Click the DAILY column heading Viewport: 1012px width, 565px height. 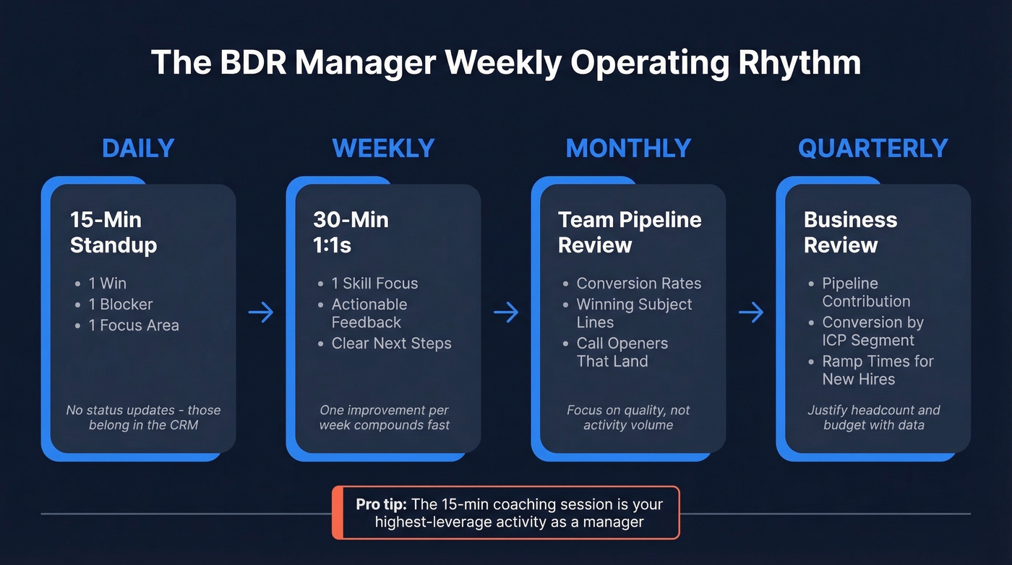point(138,148)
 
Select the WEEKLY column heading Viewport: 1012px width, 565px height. point(383,148)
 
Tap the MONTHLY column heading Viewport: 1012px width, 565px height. point(628,148)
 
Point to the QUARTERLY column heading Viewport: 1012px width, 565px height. point(872,148)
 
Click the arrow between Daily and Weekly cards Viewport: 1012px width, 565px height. point(261,313)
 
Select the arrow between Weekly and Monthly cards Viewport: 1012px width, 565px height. point(506,313)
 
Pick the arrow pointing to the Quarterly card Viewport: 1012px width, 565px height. point(751,313)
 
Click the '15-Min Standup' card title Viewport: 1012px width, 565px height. point(113,232)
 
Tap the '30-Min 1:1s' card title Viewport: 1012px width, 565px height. point(351,232)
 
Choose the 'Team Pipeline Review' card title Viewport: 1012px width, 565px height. point(630,232)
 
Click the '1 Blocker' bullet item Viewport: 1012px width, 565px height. point(120,305)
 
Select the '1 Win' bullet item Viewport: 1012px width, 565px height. point(107,284)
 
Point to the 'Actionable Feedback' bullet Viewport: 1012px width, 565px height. point(369,313)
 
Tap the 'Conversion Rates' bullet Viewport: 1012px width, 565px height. point(638,284)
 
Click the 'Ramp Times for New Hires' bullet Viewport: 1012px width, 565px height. point(877,370)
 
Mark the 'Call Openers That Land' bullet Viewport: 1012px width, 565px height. point(622,352)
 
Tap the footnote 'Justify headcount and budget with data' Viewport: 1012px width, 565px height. point(873,417)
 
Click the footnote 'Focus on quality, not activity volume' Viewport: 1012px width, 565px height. point(628,417)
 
